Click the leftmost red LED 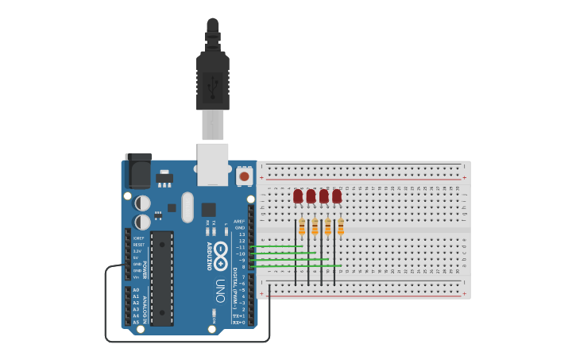(x=298, y=195)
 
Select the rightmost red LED (x=337, y=195)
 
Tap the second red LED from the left (x=311, y=195)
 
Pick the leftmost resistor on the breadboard (x=302, y=228)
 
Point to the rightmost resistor (x=341, y=228)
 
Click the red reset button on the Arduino (x=244, y=176)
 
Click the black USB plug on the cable (x=213, y=79)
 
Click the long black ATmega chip (x=162, y=278)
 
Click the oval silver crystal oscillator (x=187, y=207)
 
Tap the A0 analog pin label (x=136, y=290)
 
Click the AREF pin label (x=240, y=222)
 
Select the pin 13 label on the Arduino (x=242, y=234)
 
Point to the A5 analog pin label (x=136, y=322)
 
